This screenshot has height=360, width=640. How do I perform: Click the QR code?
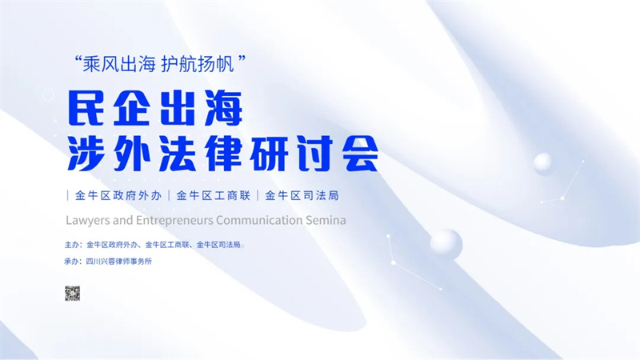pos(72,294)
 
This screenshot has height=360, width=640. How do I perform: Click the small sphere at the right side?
pos(543,162)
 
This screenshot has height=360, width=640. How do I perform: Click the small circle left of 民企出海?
pos(49,96)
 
